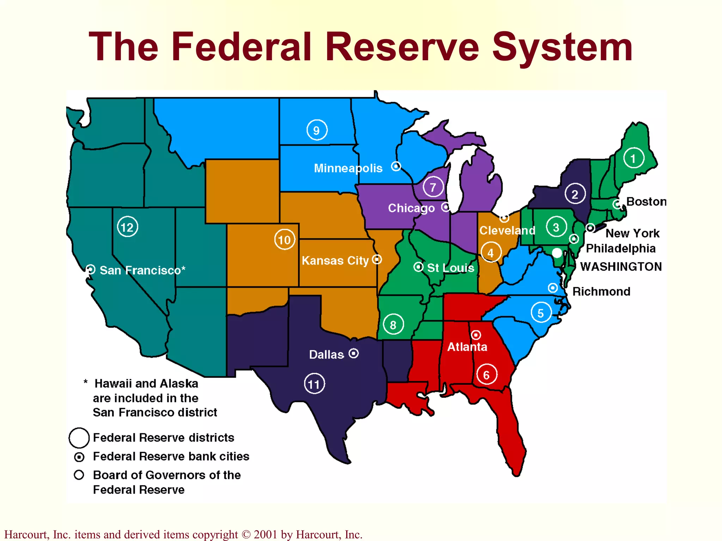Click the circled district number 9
pyautogui.click(x=317, y=130)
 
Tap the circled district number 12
pyautogui.click(x=127, y=227)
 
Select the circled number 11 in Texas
pyautogui.click(x=314, y=384)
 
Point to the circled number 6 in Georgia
pyautogui.click(x=487, y=374)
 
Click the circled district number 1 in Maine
pyautogui.click(x=633, y=158)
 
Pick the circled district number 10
pyautogui.click(x=284, y=240)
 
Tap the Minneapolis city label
pyautogui.click(x=348, y=168)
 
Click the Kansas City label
pyautogui.click(x=335, y=261)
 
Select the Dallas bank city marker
pyautogui.click(x=354, y=353)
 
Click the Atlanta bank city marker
pyautogui.click(x=476, y=334)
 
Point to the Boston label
pyautogui.click(x=646, y=201)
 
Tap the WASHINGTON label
pyautogui.click(x=621, y=267)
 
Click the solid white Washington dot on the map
pyautogui.click(x=557, y=253)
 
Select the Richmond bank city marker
pyautogui.click(x=553, y=288)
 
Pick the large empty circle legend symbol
pyautogui.click(x=79, y=437)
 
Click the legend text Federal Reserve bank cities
pyautogui.click(x=171, y=456)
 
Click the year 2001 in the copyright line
pyautogui.click(x=265, y=534)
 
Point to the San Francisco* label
pyautogui.click(x=142, y=270)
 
